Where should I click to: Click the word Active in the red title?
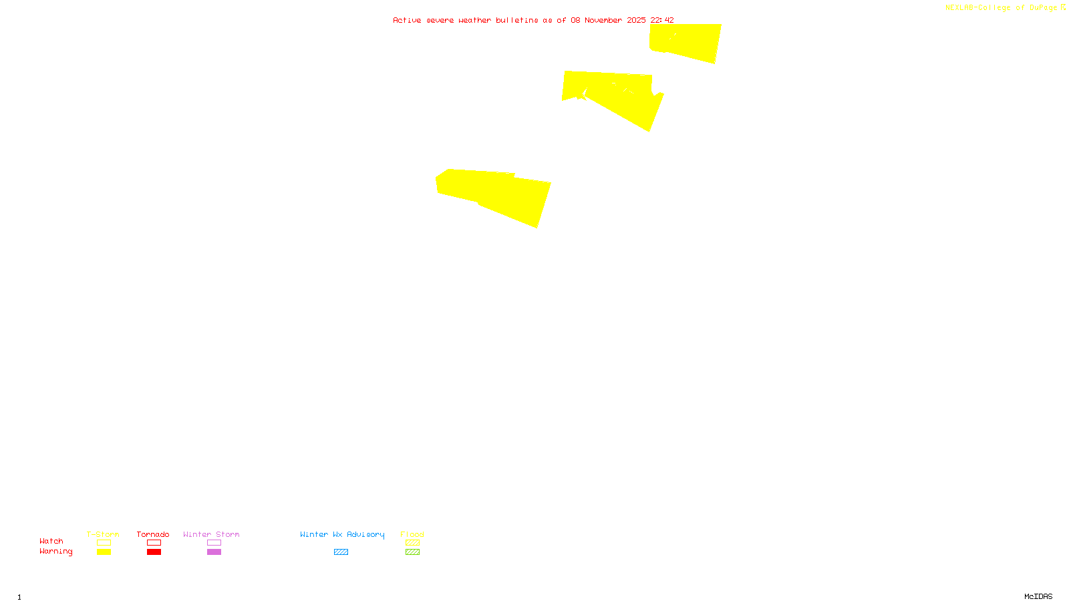407,21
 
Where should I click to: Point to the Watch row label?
51,542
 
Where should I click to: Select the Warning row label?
56,552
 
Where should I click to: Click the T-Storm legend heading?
103,534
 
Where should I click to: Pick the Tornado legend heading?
153,534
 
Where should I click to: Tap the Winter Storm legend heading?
211,534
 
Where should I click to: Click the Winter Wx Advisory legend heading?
342,534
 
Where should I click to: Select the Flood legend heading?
412,534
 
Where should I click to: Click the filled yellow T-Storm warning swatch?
104,552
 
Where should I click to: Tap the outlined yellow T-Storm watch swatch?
104,543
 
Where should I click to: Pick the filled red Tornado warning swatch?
154,552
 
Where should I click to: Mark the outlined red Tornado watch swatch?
154,543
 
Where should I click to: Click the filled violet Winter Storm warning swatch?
214,552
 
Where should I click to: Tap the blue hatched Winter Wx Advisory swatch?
341,552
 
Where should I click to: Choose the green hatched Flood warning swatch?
412,552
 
